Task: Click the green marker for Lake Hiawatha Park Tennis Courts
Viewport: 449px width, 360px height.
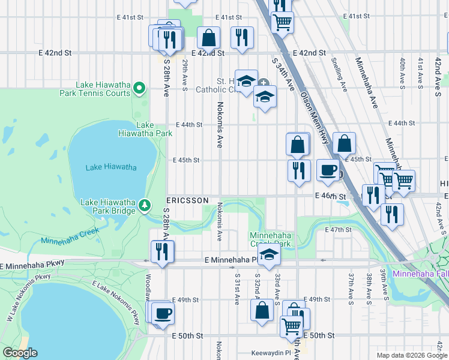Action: tap(139, 89)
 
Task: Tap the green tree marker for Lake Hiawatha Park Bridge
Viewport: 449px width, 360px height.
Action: tap(145, 206)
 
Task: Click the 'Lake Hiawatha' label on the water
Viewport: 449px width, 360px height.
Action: tap(111, 167)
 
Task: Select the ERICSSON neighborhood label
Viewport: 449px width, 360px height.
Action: tap(187, 200)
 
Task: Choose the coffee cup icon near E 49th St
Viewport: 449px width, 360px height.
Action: tap(162, 313)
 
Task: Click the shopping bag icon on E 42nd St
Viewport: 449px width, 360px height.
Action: tap(208, 38)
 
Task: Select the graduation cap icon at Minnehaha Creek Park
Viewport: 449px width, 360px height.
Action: tap(270, 255)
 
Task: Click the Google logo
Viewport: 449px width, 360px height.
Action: tap(20, 353)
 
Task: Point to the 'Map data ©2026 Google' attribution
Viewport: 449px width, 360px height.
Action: tap(411, 355)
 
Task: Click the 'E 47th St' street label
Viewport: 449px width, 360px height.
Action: tap(337, 230)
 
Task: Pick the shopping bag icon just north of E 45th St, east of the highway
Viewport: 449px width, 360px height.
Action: tap(344, 143)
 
